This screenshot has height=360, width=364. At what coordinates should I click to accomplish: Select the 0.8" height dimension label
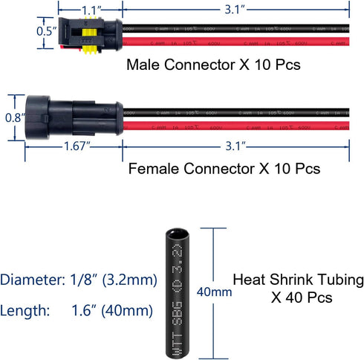coord(12,118)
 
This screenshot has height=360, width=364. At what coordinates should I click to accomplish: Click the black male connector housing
coord(85,35)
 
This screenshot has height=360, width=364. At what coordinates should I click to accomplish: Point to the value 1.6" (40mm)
coord(113,309)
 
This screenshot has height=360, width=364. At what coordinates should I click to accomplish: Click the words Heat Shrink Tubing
coord(298,280)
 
